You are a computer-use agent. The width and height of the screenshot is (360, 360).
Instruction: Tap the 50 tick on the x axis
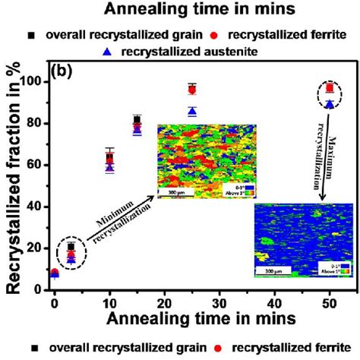(329, 304)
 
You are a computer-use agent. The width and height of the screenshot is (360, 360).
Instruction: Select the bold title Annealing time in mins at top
(180, 10)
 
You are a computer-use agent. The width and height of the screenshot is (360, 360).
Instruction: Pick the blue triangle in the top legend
(107, 52)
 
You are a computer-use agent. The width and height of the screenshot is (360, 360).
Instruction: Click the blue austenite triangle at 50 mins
(329, 104)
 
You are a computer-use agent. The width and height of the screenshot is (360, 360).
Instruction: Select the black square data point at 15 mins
(137, 120)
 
